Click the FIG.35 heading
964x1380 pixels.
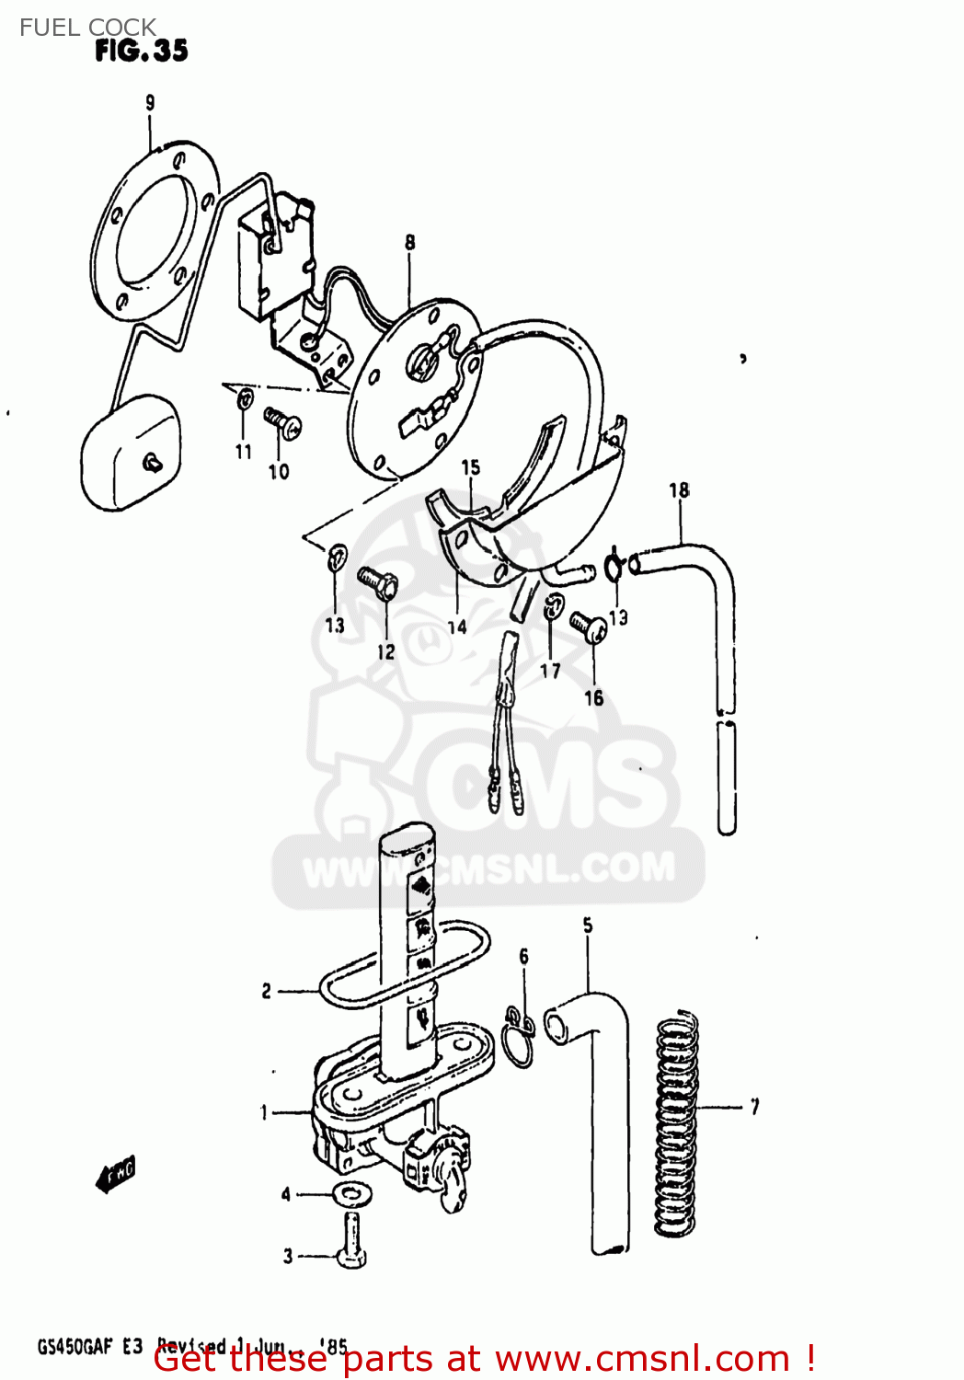click(x=141, y=51)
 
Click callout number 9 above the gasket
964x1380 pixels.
click(x=150, y=103)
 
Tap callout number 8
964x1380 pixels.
click(x=409, y=242)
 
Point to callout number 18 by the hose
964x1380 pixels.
click(x=679, y=490)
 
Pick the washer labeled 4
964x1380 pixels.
click(x=350, y=1193)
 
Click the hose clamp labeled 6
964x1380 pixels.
click(x=520, y=1037)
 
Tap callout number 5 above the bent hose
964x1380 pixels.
click(x=588, y=926)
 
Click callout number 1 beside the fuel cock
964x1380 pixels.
click(x=264, y=1113)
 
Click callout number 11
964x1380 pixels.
click(x=243, y=451)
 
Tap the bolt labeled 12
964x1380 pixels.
click(x=376, y=581)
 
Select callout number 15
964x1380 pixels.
click(x=470, y=467)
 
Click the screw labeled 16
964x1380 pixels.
click(x=586, y=627)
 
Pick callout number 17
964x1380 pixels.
click(x=550, y=671)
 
